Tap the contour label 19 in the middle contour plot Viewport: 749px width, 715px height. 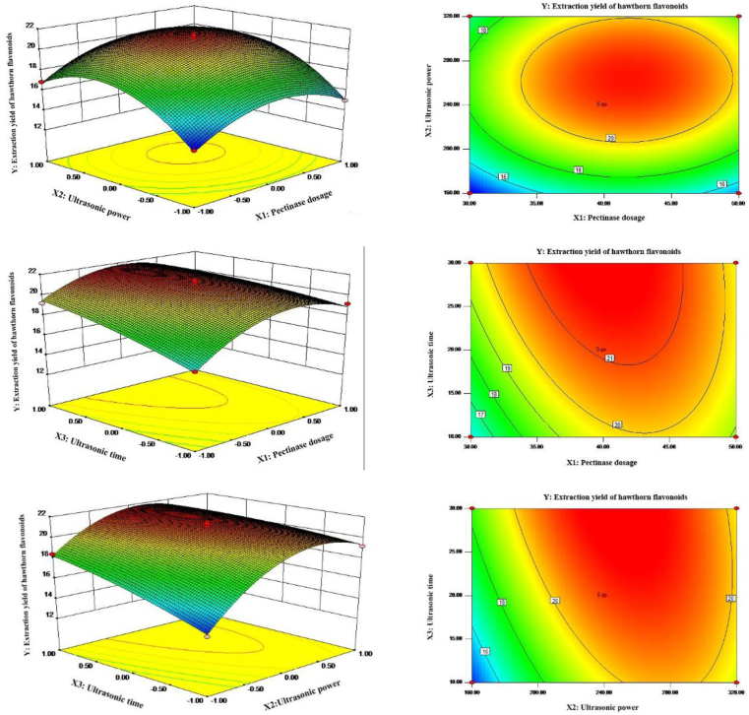508,368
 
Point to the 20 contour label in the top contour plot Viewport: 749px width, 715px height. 610,138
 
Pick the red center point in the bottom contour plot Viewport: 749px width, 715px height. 601,595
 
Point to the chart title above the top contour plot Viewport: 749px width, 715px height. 601,7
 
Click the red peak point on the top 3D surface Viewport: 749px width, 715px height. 193,35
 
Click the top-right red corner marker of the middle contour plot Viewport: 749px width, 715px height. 735,263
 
